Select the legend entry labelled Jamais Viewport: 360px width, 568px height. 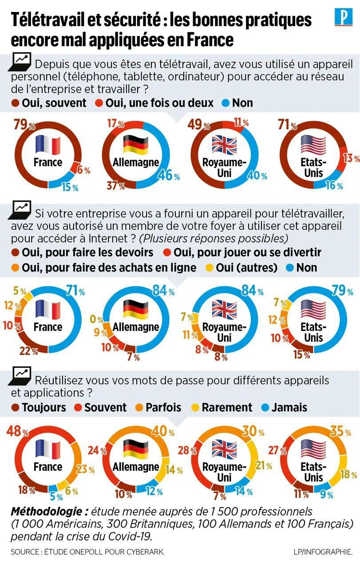click(289, 407)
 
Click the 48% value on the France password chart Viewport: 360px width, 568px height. click(17, 430)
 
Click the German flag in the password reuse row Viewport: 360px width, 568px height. click(135, 448)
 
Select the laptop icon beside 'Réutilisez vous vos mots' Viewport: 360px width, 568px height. click(21, 375)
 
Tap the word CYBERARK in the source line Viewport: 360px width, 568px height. click(144, 552)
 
